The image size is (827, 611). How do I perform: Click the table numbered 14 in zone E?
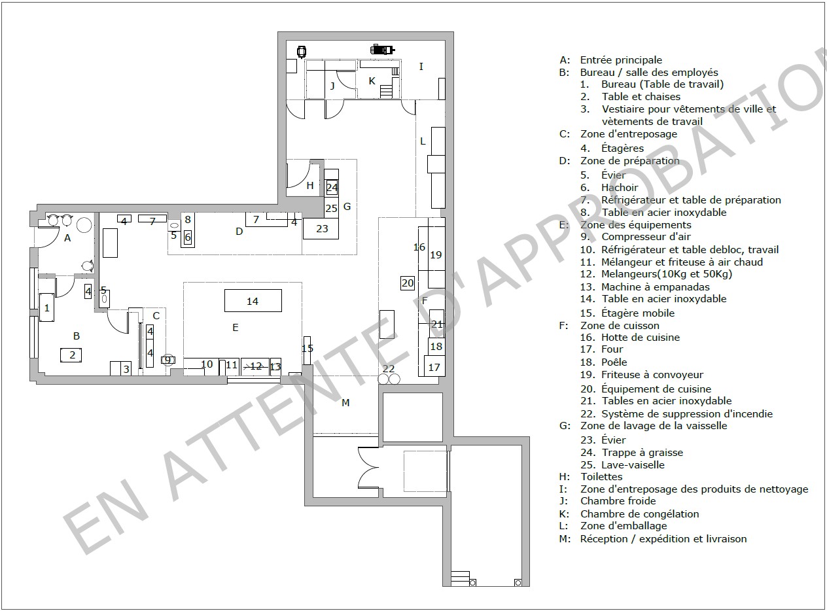pos(253,300)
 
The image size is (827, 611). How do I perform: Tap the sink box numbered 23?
pos(321,228)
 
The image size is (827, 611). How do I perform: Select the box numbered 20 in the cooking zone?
pos(407,283)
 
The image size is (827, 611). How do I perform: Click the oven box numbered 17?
pos(434,366)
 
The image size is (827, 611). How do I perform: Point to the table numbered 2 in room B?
pos(71,355)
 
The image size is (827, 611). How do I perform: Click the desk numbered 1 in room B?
pos(46,307)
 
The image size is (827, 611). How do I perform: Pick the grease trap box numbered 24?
pos(332,187)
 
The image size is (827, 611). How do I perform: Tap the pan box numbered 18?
pos(436,346)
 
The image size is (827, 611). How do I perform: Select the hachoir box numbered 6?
pos(188,237)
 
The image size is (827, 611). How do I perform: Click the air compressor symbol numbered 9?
pos(167,360)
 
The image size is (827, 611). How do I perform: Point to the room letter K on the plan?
pos(372,81)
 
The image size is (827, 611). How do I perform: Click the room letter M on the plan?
pos(345,402)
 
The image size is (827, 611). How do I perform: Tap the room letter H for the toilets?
pos(310,185)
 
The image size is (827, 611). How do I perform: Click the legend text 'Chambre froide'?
pos(618,500)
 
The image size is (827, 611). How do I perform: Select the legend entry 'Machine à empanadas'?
pos(655,287)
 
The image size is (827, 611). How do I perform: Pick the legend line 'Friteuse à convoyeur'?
pos(652,374)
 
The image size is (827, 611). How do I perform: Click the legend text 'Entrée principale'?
pos(621,60)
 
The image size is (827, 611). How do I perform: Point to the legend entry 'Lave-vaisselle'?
pos(633,465)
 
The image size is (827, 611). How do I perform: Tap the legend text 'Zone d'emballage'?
pos(624,526)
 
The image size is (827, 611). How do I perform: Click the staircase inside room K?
pos(386,92)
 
